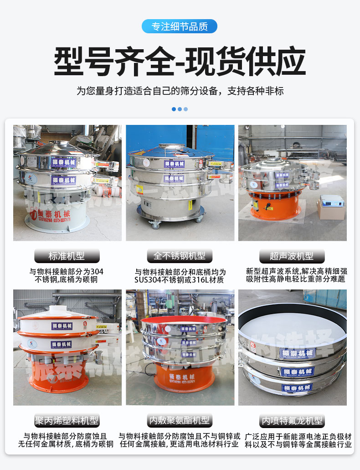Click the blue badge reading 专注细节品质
tap(180, 26)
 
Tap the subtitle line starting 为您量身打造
tap(180, 91)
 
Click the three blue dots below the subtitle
tap(180, 109)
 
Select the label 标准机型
tap(67, 256)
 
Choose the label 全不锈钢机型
tap(180, 256)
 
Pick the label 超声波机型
tap(292, 256)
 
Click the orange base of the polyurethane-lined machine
tap(181, 378)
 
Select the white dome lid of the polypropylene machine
tap(57, 312)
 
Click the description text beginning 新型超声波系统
tap(295, 275)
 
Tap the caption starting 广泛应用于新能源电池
tap(298, 440)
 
